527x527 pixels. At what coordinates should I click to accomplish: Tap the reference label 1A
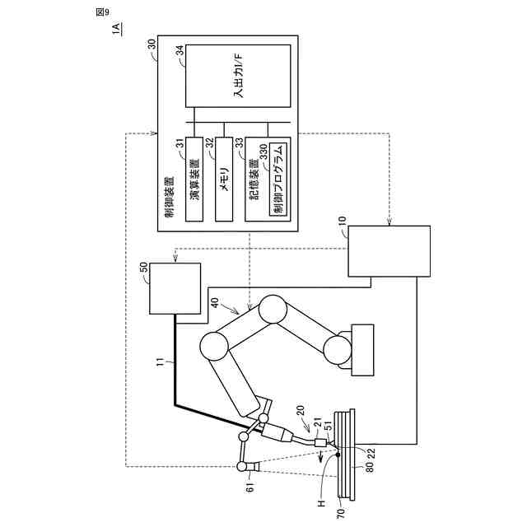pyautogui.click(x=118, y=30)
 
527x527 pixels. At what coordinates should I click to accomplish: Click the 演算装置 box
pyautogui.click(x=194, y=180)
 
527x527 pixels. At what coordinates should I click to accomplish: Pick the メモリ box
pyautogui.click(x=223, y=180)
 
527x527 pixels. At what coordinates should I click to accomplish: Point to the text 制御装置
pyautogui.click(x=168, y=197)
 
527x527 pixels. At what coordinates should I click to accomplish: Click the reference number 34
pyautogui.click(x=179, y=53)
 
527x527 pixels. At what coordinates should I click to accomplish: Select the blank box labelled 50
pyautogui.click(x=175, y=288)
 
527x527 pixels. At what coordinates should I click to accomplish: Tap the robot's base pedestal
pyautogui.click(x=361, y=349)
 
